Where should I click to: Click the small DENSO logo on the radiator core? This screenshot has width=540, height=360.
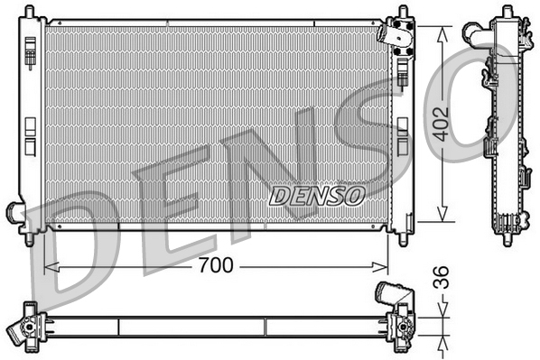(x=317, y=194)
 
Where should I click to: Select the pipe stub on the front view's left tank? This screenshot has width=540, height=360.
(x=15, y=213)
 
